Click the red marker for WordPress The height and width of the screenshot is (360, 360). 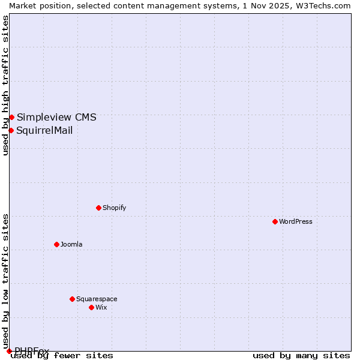pos(275,221)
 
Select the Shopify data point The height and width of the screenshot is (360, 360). pos(98,208)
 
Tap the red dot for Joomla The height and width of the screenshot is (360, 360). pos(57,244)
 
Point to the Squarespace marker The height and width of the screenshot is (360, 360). pos(72,299)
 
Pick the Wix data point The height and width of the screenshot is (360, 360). pos(91,307)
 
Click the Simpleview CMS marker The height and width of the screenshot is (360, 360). pos(11,117)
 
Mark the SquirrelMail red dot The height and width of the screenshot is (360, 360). pos(11,130)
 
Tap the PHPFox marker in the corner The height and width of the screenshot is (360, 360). pos(9,351)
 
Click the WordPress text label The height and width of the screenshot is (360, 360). pos(296,221)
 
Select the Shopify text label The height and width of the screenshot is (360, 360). pos(114,208)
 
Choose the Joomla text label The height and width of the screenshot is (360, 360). pos(71,244)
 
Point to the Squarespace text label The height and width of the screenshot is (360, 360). pos(97,299)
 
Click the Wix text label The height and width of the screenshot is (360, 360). pos(101,307)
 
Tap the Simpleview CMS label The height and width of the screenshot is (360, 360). pos(56,117)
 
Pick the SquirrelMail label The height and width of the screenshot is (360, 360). pos(44,130)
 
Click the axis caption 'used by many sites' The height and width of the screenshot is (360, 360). pos(301,355)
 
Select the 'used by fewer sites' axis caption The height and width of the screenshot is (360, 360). pos(62,355)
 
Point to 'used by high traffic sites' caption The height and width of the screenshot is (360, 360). pos(6,85)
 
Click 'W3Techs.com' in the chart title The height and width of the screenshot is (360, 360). pos(327,5)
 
